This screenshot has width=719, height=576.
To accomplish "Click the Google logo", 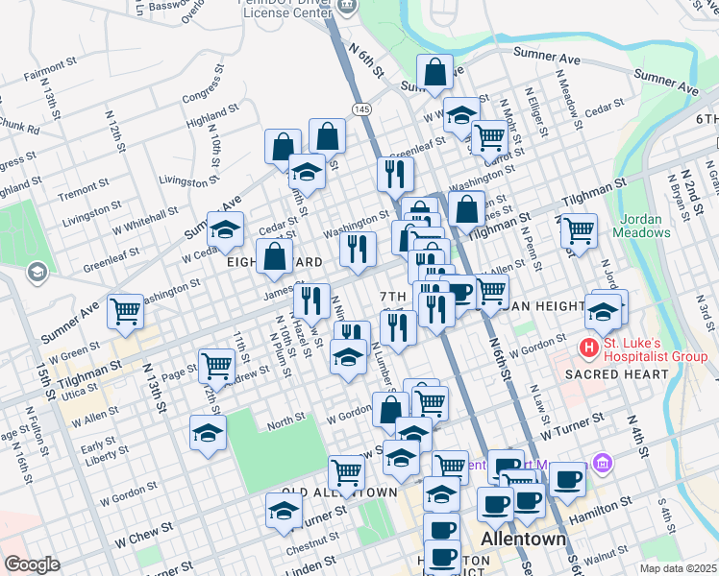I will (31, 564).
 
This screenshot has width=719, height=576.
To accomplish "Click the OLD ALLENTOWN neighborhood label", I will (338, 492).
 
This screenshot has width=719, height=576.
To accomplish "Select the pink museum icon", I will (603, 464).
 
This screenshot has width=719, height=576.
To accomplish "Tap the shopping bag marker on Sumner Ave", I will (435, 72).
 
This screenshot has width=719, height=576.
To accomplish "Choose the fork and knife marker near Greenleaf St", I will (395, 174).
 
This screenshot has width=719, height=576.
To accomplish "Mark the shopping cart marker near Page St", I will (216, 366).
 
